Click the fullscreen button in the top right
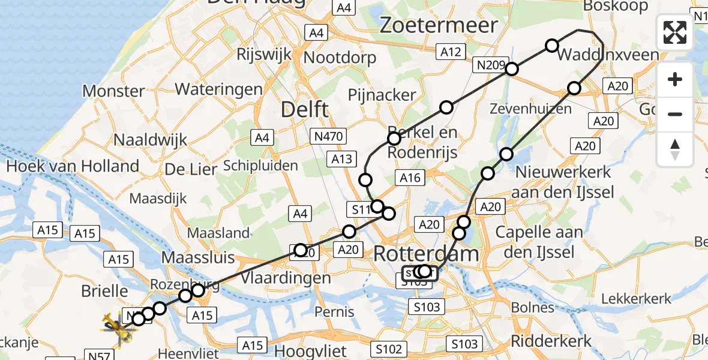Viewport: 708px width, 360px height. [675, 32]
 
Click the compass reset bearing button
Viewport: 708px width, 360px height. [675, 149]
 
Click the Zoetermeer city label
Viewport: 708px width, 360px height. [439, 25]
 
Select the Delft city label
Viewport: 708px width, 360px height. [305, 109]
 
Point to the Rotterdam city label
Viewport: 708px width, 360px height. [426, 254]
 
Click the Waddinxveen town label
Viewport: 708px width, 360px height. [608, 55]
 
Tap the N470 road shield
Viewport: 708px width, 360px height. [328, 137]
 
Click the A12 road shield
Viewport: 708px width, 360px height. [450, 52]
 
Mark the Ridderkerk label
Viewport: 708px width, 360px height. [551, 341]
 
